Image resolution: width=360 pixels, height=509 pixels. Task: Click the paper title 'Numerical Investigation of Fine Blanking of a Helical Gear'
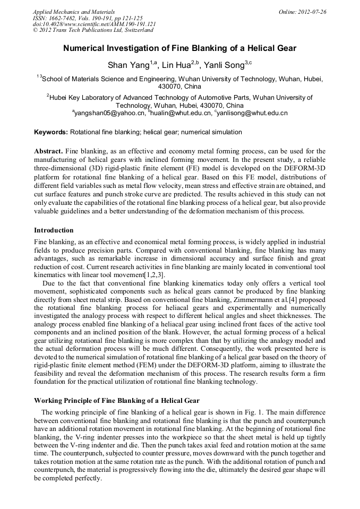[180, 48]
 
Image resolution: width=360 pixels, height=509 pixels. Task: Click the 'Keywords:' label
[51, 132]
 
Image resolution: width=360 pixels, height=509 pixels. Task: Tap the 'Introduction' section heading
[54, 230]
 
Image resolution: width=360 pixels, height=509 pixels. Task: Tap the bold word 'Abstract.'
[48, 151]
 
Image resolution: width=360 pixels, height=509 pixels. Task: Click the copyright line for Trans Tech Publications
[93, 30]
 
